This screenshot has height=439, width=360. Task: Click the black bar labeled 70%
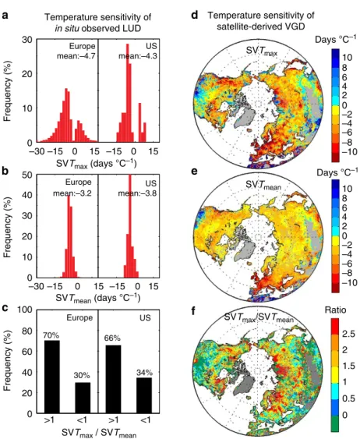(x=51, y=377)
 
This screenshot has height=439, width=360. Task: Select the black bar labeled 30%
(x=82, y=398)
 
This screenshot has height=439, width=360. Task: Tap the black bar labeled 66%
(x=113, y=379)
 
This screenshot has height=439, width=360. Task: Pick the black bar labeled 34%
(x=143, y=395)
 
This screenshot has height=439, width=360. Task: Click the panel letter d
(x=194, y=15)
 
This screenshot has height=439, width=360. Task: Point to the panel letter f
(x=194, y=311)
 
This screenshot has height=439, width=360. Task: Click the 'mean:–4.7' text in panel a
(x=76, y=56)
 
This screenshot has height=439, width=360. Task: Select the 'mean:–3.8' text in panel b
(x=137, y=193)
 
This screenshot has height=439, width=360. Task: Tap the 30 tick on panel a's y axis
(x=27, y=40)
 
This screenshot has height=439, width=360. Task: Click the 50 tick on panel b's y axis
(x=27, y=175)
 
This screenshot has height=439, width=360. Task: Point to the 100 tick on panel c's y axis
(x=25, y=310)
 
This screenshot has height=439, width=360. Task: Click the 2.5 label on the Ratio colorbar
(x=348, y=334)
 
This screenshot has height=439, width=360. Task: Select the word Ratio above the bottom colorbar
(x=335, y=310)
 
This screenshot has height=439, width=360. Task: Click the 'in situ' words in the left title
(x=67, y=28)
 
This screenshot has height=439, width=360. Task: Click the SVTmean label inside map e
(x=263, y=186)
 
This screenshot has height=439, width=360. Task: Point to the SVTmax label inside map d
(x=262, y=51)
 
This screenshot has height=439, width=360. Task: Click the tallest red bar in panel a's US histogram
(x=128, y=93)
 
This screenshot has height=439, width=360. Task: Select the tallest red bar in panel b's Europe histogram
(x=69, y=236)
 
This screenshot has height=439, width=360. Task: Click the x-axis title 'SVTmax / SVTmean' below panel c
(x=99, y=433)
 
